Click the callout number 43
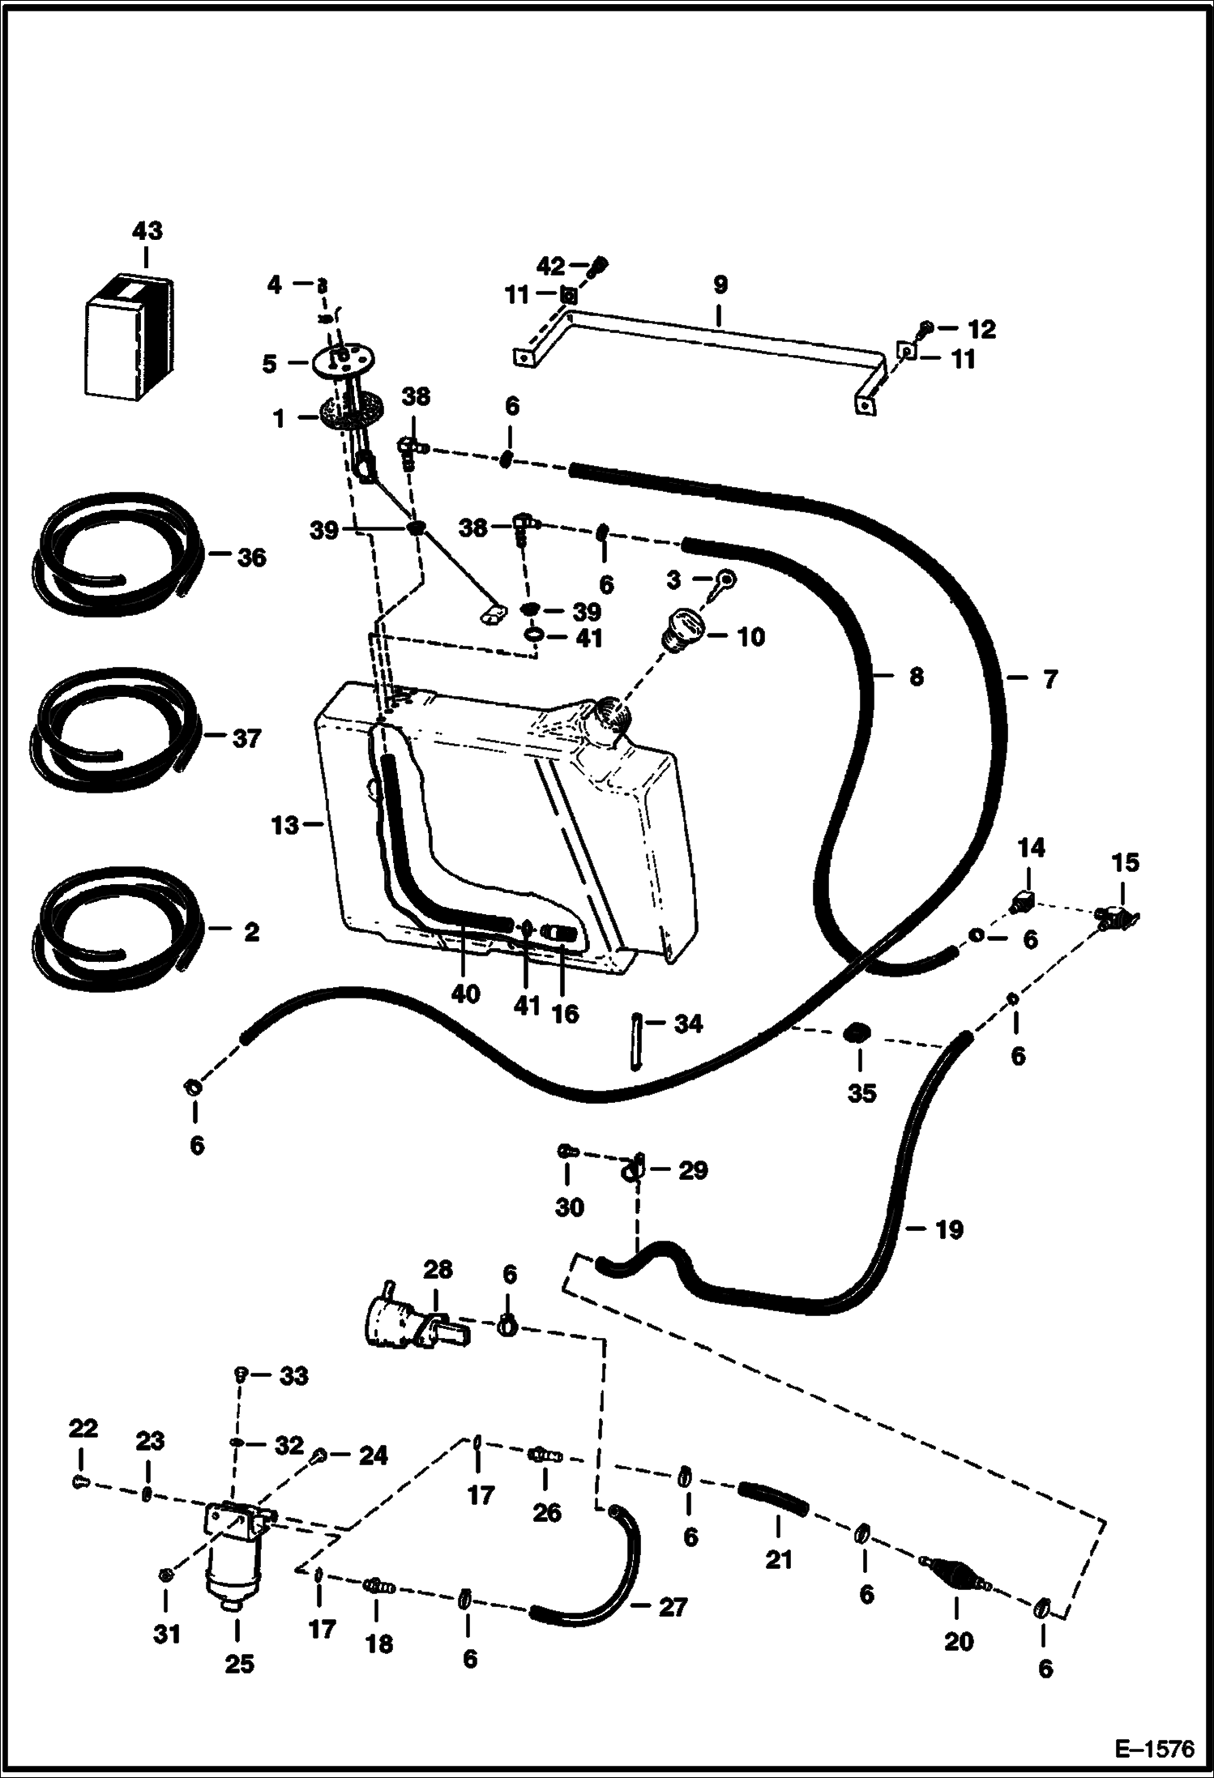147,231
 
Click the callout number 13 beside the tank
285,827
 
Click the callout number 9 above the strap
720,285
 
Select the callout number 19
949,1230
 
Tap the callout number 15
1126,862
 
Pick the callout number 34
688,1024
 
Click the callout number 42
550,266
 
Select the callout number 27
672,1607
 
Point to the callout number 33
293,1376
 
